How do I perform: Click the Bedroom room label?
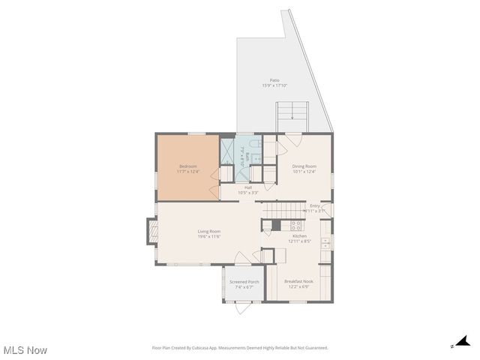tap(187, 166)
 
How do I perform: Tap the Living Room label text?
tap(208, 231)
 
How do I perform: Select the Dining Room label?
tap(304, 166)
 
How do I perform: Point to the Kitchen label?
tap(299, 235)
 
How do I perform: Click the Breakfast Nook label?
tap(298, 281)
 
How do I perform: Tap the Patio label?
tap(274, 80)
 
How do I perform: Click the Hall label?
tap(247, 187)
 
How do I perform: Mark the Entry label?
tap(315, 205)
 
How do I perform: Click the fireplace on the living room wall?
tap(151, 232)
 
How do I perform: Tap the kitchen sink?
tap(325, 244)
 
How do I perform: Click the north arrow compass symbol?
tap(463, 341)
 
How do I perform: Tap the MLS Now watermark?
tap(25, 349)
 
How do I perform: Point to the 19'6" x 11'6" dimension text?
tap(208, 237)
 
